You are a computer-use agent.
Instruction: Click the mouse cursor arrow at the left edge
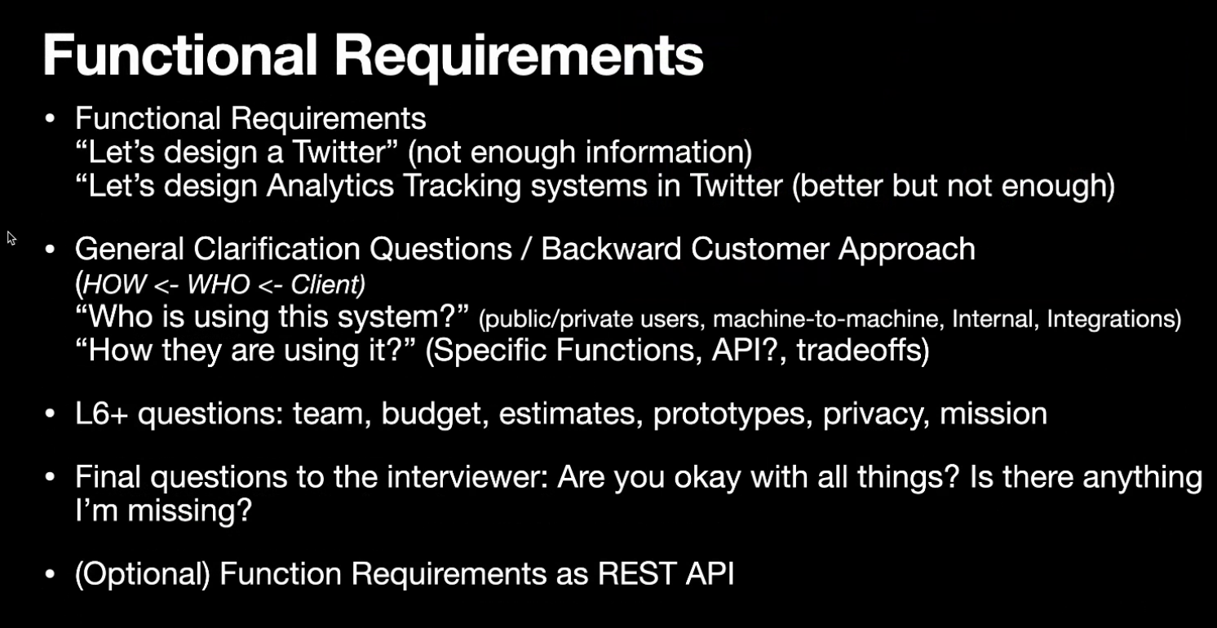tap(11, 238)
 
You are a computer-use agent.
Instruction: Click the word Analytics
tap(330, 187)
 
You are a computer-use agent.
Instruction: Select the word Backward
tap(611, 250)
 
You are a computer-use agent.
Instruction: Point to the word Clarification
tap(277, 250)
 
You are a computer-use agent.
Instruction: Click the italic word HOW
tap(115, 284)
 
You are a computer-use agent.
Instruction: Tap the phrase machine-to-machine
tap(825, 319)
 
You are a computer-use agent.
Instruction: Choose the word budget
tap(431, 415)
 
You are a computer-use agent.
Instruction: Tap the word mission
tap(994, 414)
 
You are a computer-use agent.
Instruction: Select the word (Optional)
tap(143, 574)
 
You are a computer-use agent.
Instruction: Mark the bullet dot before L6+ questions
tap(50, 414)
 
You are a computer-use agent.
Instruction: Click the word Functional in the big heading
tap(179, 55)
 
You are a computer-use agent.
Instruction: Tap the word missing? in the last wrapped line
tap(189, 511)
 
